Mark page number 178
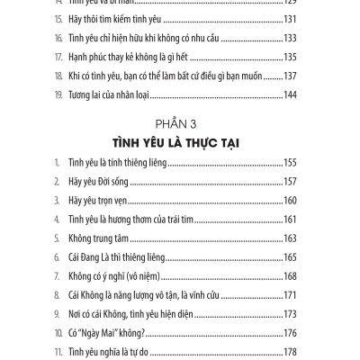307,352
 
